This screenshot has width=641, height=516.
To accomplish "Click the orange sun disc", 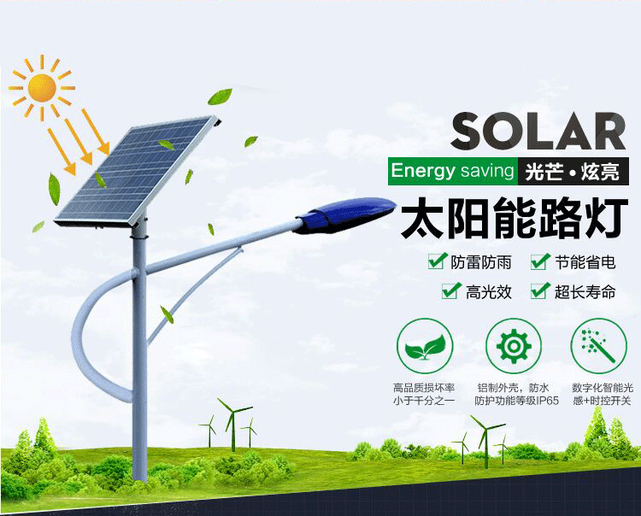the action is coord(42,88).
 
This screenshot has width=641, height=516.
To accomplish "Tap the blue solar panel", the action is coord(136,172).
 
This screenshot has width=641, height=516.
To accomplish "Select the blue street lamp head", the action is coord(344,215).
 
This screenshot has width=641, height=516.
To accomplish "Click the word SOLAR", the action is coord(538,132).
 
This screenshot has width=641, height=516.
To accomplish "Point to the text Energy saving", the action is coord(452,171).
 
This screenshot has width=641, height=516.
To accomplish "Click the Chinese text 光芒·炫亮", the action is coord(573,171).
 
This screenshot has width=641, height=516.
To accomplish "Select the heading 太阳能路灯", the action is coord(515,219).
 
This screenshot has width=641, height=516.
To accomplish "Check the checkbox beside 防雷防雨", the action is coord(438,261).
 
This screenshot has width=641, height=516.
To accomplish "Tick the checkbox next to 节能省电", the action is coord(540,261).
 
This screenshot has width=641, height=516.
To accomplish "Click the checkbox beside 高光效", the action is coord(452,290).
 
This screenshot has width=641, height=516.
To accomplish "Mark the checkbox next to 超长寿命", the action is coord(540,290).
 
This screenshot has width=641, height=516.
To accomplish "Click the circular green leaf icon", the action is coord(425,346).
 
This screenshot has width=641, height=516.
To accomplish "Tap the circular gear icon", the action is coord(514,346).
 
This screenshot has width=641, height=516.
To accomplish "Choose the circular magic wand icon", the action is coord(599,346).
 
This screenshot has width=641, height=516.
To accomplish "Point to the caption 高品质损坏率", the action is coord(424,387).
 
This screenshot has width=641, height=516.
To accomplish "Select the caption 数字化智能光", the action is coord(603,387).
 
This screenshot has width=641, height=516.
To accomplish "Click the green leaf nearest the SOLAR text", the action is coord(250,141).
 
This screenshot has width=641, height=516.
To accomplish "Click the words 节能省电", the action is coord(585,262).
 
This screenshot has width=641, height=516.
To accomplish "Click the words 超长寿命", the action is coord(585,291).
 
